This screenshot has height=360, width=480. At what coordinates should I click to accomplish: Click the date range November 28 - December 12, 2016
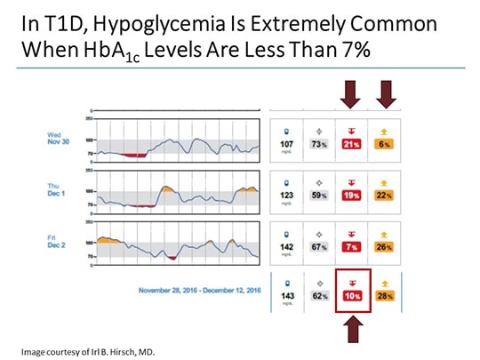coord(201,290)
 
